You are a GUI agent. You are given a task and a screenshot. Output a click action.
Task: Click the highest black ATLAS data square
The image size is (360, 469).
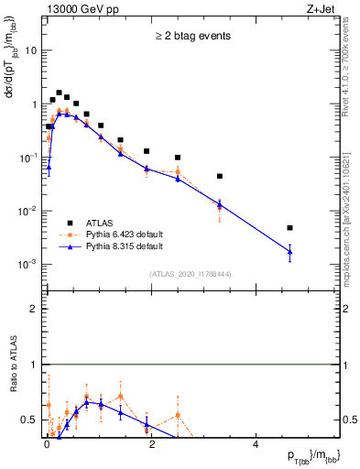60,93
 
